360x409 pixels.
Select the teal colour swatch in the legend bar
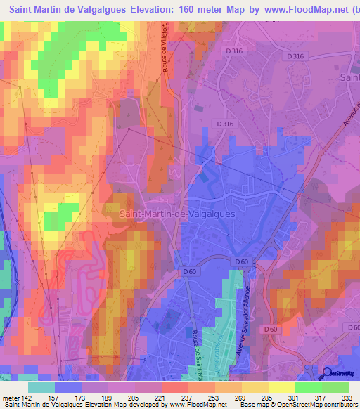click(41, 387)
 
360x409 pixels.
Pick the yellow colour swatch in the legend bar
click(282, 387)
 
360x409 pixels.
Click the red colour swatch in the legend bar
click(175, 387)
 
